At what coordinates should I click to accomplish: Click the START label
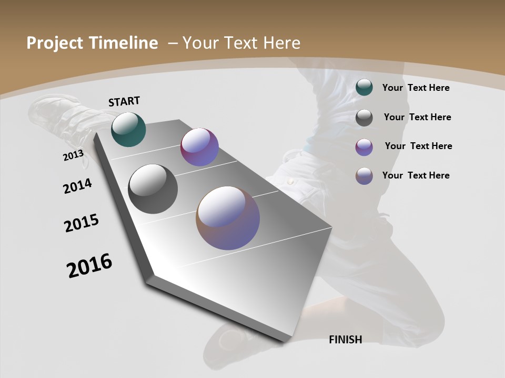(124, 101)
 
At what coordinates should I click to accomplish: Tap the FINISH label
(345, 340)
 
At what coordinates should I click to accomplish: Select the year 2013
(73, 155)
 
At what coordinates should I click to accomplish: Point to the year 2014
(77, 186)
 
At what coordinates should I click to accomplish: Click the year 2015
(82, 223)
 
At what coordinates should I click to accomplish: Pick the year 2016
(89, 266)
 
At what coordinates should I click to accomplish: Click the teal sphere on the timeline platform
(128, 129)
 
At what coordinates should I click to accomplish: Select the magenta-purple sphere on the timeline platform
(199, 147)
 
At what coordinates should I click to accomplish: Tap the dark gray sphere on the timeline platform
(153, 189)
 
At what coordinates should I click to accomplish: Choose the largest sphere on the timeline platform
(228, 218)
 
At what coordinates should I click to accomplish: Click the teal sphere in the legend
(364, 88)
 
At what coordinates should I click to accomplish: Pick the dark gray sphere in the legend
(364, 118)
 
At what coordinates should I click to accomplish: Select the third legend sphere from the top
(364, 147)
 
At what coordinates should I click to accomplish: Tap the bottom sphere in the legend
(364, 176)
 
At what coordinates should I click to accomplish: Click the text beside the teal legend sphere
(416, 88)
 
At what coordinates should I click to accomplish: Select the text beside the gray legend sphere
(417, 117)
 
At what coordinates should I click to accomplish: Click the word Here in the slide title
(281, 43)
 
